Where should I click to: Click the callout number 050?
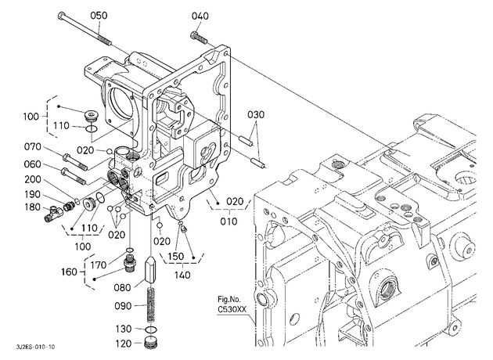[99, 16]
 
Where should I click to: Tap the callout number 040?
[200, 16]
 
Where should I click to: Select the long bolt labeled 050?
[85, 29]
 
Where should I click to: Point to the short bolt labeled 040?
[199, 37]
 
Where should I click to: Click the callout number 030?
[256, 115]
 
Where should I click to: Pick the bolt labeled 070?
[75, 161]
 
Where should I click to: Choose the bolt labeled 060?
[74, 176]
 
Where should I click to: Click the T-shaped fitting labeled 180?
[53, 214]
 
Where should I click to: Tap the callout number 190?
[33, 195]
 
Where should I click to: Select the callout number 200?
[33, 179]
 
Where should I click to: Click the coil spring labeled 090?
[151, 304]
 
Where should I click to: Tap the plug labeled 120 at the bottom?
[151, 343]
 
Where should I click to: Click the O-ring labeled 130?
[151, 329]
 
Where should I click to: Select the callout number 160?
[69, 272]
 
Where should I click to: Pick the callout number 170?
[99, 265]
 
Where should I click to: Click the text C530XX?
[232, 309]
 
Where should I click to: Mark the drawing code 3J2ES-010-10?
[35, 347]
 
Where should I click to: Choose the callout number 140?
[182, 275]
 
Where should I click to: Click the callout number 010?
[229, 221]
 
